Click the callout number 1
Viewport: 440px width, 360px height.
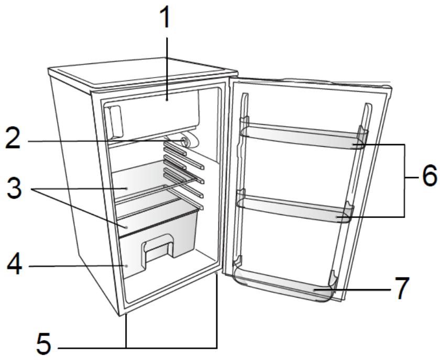click(x=166, y=17)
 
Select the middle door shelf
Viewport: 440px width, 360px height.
click(x=293, y=206)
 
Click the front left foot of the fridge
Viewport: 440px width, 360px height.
click(x=125, y=314)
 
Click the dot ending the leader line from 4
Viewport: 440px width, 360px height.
click(x=126, y=266)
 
